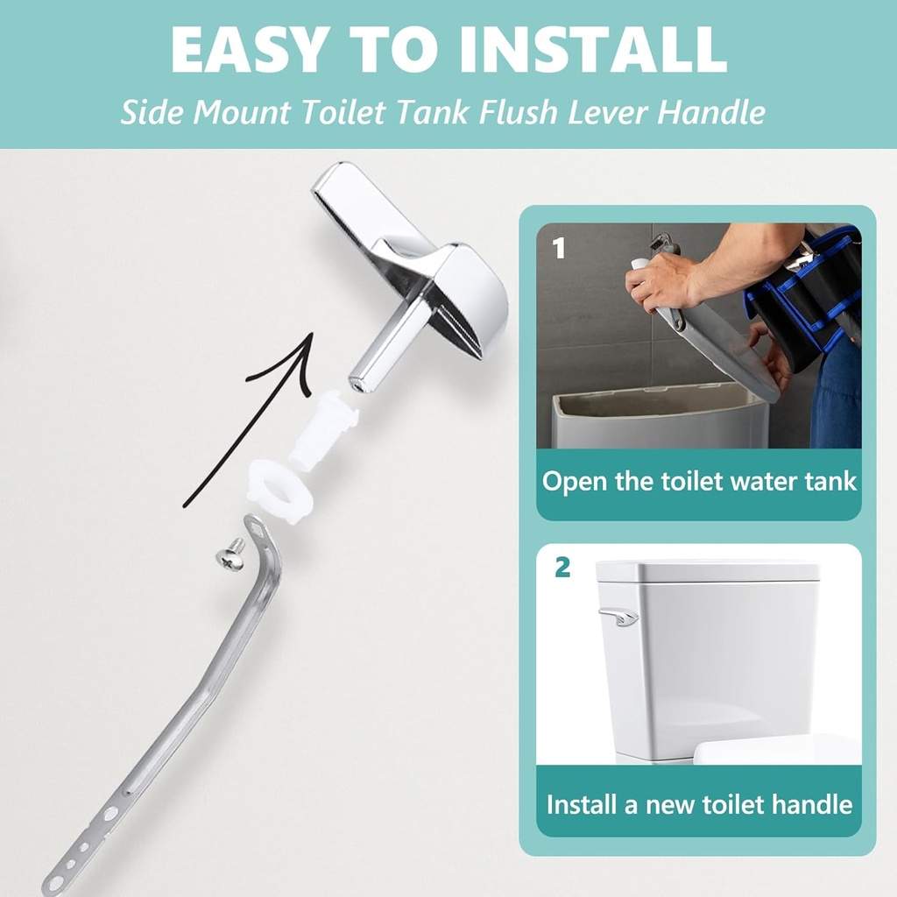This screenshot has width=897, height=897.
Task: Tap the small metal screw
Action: [x=230, y=554]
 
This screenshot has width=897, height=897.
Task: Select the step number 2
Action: [x=562, y=567]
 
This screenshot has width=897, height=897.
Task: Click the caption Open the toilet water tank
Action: [x=698, y=481]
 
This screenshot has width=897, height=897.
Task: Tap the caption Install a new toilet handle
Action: [x=698, y=803]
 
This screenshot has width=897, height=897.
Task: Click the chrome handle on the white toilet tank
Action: [x=618, y=617]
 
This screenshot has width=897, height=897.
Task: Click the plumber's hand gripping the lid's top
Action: [x=657, y=280]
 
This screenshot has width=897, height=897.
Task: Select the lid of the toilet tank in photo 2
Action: [x=707, y=571]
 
